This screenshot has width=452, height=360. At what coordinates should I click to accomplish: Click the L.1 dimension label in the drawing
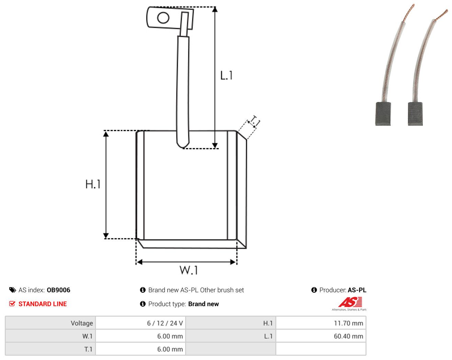click(226, 76)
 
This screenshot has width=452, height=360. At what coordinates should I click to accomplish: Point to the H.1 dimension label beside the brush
click(93, 184)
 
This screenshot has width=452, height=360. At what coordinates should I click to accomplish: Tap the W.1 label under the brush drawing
click(189, 270)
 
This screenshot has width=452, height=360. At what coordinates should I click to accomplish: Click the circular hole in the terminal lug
click(163, 18)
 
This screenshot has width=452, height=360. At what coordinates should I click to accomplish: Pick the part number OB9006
click(58, 290)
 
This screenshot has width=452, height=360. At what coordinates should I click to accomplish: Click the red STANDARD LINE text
click(43, 304)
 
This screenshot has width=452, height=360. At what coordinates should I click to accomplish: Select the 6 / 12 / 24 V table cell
click(140, 323)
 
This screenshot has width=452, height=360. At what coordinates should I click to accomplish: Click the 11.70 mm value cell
click(321, 323)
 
